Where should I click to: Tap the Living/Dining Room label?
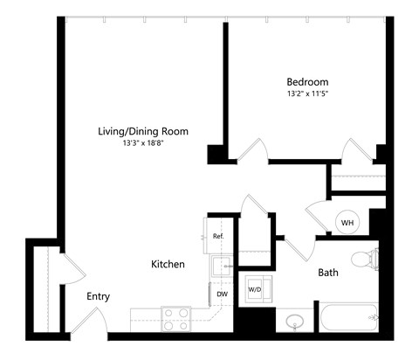tap(142, 131)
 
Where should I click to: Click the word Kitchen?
tap(168, 264)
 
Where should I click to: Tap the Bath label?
tap(328, 273)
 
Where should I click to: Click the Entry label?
tap(98, 296)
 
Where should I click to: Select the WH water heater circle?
tap(347, 223)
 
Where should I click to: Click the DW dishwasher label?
tap(222, 294)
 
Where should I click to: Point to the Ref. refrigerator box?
tap(217, 236)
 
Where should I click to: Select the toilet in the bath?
tap(364, 260)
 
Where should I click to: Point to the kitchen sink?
tap(219, 266)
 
